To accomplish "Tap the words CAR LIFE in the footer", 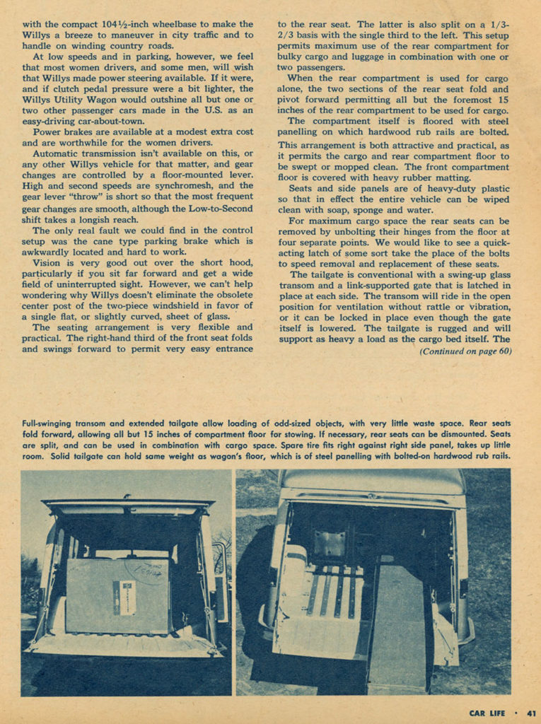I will click(487, 713).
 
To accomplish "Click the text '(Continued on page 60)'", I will click(465, 351).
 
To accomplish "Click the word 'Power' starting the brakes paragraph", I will click(47, 132).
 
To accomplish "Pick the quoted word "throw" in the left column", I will click(89, 197).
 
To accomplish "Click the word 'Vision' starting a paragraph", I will click(47, 262).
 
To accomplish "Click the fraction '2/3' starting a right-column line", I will click(285, 35).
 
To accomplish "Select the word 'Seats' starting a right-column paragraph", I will click(303, 188).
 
